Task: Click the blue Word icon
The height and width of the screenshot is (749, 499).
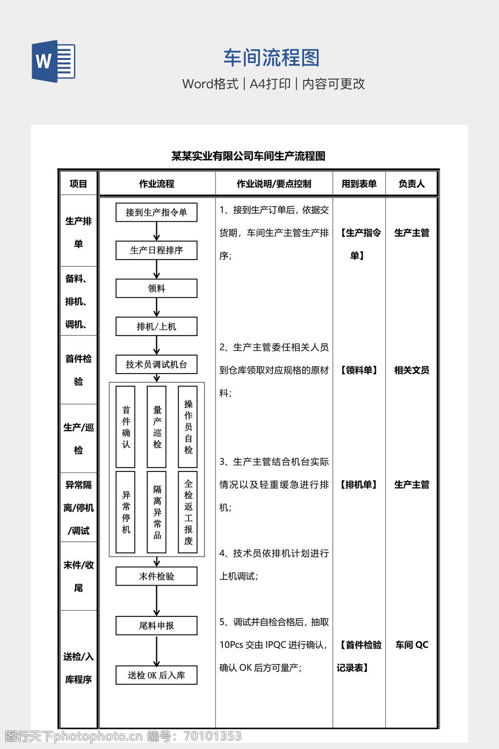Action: point(54,61)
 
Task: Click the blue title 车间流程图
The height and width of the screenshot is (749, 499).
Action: point(271,58)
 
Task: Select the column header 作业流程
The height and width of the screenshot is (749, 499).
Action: point(156,184)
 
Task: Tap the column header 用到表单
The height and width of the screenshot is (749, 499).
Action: point(359,184)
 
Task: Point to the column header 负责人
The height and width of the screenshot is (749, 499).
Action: point(411,184)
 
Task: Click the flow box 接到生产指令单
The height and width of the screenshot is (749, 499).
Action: point(156,213)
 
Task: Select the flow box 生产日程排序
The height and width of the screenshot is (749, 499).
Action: point(156,250)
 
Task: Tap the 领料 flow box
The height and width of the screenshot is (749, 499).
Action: point(156,288)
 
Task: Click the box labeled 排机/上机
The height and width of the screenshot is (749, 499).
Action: point(156,326)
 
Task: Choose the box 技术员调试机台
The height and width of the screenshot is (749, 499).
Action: point(156,364)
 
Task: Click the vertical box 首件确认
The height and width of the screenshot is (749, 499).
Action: point(126,427)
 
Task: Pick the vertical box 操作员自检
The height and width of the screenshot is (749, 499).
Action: point(188,427)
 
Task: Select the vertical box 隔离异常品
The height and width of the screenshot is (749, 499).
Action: point(157,512)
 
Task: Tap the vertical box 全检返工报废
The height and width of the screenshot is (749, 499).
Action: point(188,512)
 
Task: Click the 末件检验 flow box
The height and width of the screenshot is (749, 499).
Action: point(156,576)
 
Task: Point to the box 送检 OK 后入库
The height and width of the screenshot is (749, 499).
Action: point(156,675)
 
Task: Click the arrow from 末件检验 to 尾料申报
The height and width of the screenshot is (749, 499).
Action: point(156,601)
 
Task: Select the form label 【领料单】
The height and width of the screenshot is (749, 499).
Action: point(359,370)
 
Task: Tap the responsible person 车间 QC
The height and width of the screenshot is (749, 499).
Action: point(411,645)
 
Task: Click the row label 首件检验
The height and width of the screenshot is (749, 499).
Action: point(78,370)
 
